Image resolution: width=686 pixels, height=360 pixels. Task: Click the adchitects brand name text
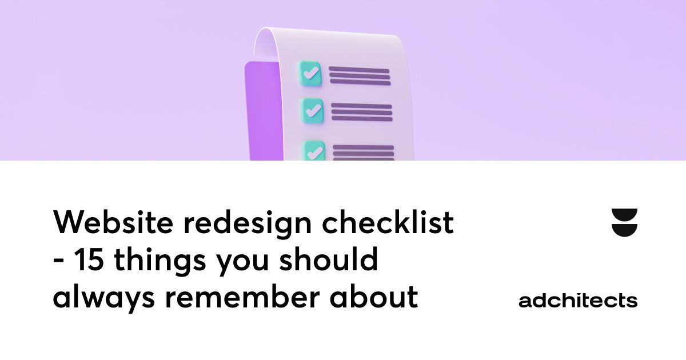(x=578, y=301)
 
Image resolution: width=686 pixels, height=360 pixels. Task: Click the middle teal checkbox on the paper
(x=312, y=110)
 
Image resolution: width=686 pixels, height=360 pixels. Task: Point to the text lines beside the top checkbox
(x=360, y=77)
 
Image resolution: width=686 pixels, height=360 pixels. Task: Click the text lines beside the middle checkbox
(x=362, y=113)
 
